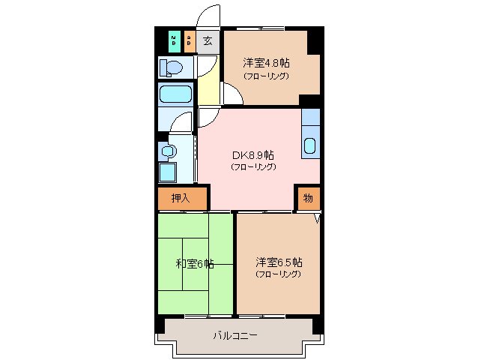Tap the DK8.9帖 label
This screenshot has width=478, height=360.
253,154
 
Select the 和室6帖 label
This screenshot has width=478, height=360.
195,263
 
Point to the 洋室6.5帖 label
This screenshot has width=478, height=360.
279,262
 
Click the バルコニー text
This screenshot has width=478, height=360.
235,335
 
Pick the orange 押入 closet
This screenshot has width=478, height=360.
180,198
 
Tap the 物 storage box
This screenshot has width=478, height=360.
308,198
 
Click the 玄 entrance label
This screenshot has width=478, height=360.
208,40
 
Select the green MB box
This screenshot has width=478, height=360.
174,40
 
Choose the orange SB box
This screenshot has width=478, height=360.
190,40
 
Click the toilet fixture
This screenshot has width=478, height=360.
172,68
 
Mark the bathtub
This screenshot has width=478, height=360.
176,95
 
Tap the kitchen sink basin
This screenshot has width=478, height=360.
310,143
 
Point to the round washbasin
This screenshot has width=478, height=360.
168,151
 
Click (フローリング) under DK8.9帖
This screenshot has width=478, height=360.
253,166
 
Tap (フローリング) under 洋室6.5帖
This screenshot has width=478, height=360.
278,274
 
